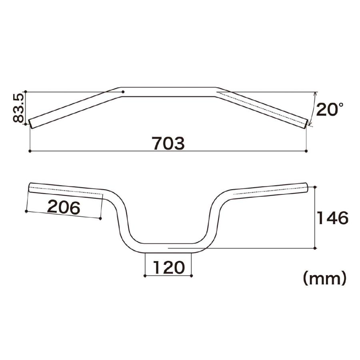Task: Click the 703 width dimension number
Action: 169,143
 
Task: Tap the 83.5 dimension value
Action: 18,108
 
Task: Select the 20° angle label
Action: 330,110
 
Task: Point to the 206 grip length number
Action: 64,207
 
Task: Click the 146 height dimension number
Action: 332,218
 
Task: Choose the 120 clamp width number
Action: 169,268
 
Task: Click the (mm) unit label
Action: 324,278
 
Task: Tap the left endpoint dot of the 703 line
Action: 30,151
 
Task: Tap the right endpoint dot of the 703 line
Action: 306,151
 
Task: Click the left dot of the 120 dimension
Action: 145,276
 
